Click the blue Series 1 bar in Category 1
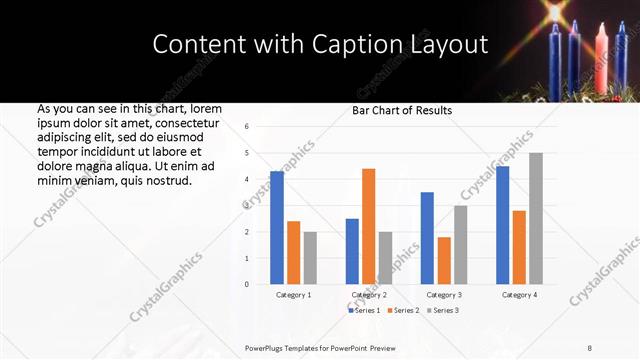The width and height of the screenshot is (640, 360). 277,228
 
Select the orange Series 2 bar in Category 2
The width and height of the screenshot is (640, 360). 368,226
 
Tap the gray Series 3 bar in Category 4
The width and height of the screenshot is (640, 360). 536,218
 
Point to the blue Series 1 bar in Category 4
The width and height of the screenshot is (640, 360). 502,225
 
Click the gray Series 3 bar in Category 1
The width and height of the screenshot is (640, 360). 310,258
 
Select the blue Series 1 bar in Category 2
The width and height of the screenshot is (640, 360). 352,251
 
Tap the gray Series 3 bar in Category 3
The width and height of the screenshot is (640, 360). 460,245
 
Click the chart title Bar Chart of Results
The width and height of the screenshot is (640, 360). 402,110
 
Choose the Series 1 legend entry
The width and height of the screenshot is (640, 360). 366,311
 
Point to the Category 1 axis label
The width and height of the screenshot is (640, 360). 294,295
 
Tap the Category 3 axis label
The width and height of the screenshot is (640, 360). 444,295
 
